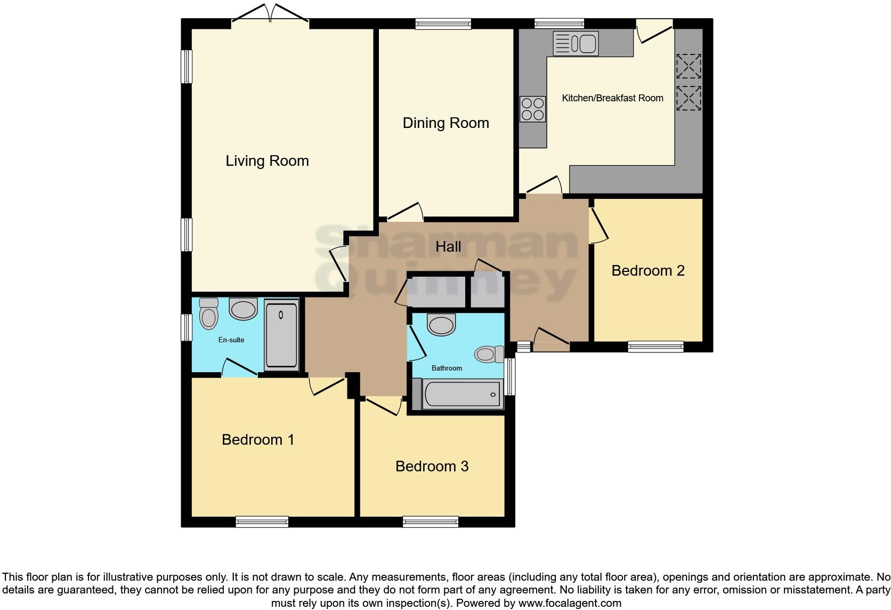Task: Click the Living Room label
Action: (267, 160)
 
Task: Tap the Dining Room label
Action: (446, 123)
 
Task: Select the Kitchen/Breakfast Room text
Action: (612, 98)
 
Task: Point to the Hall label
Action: (448, 247)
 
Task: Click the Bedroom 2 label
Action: (647, 271)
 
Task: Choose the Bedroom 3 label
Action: (432, 467)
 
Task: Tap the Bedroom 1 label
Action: (258, 440)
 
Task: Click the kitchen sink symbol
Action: (576, 43)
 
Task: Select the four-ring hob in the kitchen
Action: (532, 109)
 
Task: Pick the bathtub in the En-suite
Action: (281, 335)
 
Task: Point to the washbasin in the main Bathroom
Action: (442, 324)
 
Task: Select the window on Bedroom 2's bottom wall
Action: (655, 347)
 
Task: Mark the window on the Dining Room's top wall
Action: (443, 23)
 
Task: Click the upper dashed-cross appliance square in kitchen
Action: (688, 66)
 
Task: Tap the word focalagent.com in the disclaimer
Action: (569, 603)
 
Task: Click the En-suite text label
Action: (231, 340)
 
